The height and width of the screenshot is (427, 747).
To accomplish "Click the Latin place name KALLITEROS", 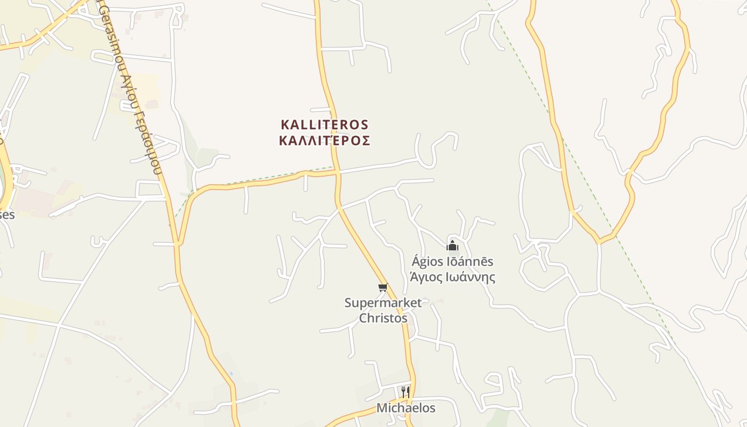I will tap(324, 125).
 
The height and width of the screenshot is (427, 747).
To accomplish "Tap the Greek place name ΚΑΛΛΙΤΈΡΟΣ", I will tap(324, 141).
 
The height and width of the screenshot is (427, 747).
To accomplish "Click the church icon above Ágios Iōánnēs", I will tap(452, 246).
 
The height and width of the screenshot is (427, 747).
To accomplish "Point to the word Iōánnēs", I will tap(471, 262).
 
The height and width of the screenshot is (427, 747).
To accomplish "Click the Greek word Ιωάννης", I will tap(469, 278).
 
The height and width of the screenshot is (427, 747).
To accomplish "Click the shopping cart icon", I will tap(383, 288).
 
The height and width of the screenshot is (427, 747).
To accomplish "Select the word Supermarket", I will tap(383, 303).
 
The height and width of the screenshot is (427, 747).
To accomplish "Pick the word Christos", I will tap(383, 318).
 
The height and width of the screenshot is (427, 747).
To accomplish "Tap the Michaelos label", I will tap(406, 408).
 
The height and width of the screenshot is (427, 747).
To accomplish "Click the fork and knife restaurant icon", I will tap(406, 392).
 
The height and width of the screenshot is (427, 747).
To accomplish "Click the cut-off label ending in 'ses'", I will tap(7, 215).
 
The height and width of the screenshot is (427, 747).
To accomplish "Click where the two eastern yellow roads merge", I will tap(600, 241).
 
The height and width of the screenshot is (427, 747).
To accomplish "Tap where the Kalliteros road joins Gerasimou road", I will tap(178, 244).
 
